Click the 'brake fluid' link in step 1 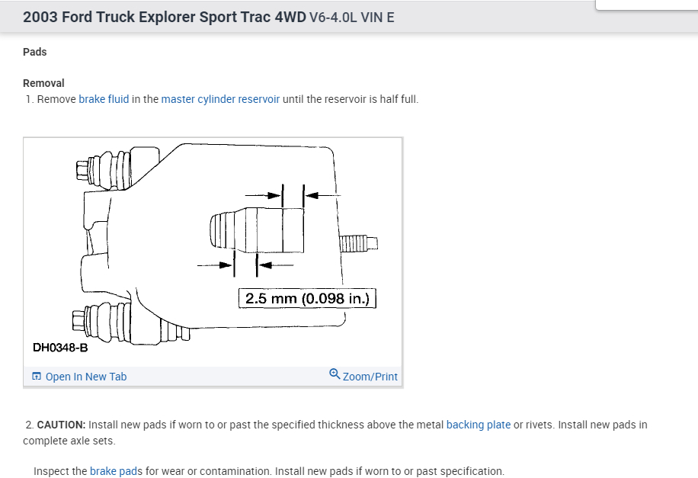coord(104,99)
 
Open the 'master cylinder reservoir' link coord(220,99)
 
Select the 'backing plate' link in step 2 coord(478,425)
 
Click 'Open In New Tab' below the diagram coord(85,377)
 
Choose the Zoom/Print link coord(370,377)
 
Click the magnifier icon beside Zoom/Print coord(335,374)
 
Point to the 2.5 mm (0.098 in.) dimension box coord(307,298)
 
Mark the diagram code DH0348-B coord(60,348)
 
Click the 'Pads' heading coord(35,52)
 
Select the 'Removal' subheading coord(43,83)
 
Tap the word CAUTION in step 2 coord(61,425)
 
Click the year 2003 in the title coord(40,17)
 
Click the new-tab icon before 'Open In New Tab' coord(37,377)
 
